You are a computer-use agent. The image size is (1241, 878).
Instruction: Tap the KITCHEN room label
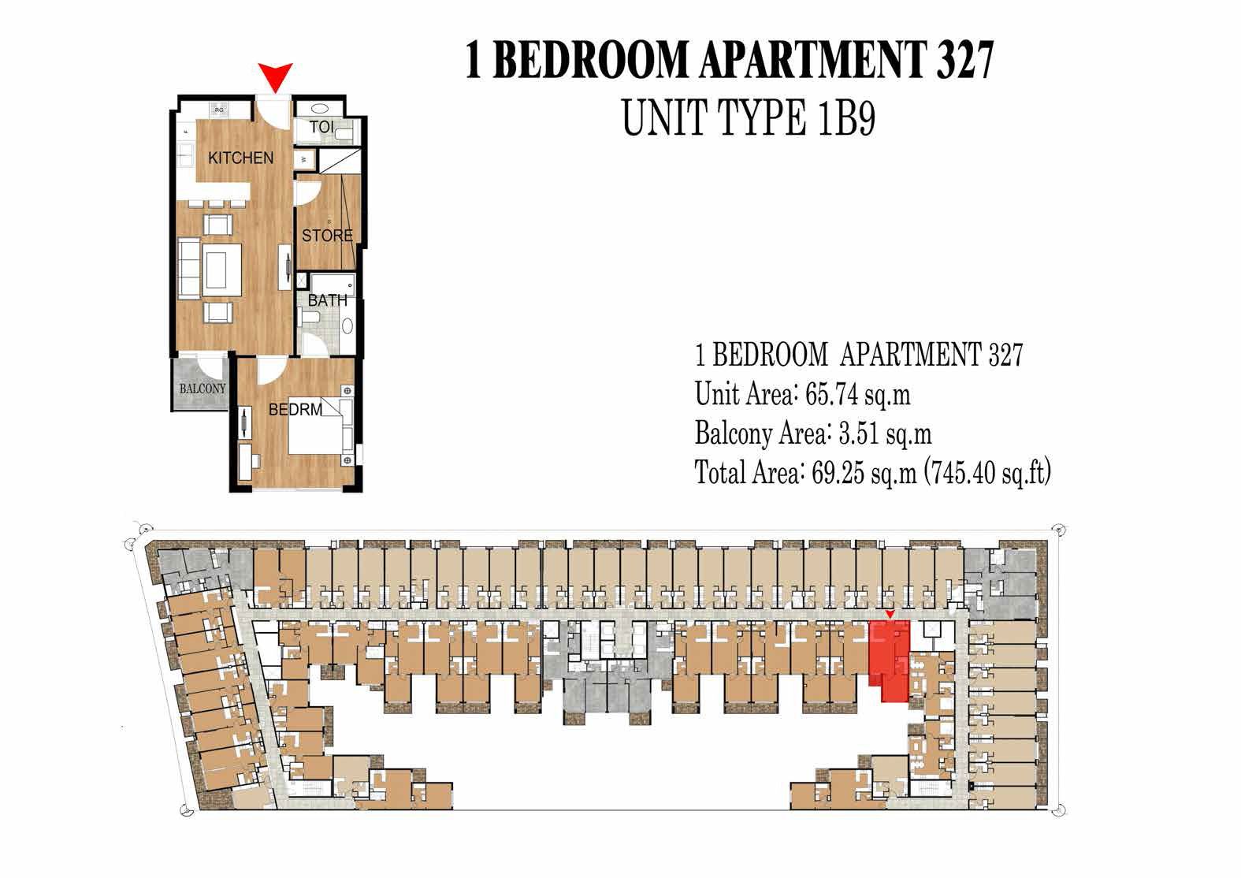(x=240, y=158)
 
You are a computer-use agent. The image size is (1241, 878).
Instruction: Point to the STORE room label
(x=327, y=235)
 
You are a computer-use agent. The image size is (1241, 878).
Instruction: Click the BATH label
(x=327, y=300)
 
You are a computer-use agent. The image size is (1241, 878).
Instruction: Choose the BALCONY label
(x=202, y=389)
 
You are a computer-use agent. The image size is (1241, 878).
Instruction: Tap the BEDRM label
(x=295, y=410)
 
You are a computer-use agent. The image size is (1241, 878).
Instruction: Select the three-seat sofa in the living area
(x=189, y=270)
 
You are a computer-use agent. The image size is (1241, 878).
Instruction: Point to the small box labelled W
(x=306, y=160)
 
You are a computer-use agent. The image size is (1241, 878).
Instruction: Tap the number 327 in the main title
(x=964, y=61)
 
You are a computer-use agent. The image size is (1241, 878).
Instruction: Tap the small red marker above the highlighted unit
(x=890, y=614)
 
